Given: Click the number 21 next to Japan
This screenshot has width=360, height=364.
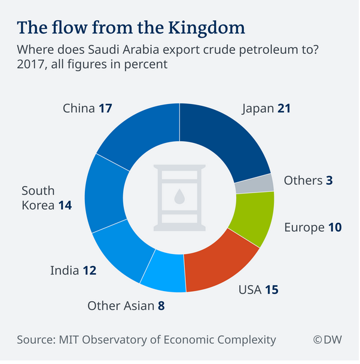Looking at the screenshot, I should tap(284, 109).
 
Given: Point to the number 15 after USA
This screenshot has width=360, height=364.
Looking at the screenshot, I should tap(272, 291).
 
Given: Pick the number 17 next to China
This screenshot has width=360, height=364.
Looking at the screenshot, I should tap(105, 109).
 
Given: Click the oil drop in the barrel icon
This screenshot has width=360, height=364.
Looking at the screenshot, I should tap(179, 196).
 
